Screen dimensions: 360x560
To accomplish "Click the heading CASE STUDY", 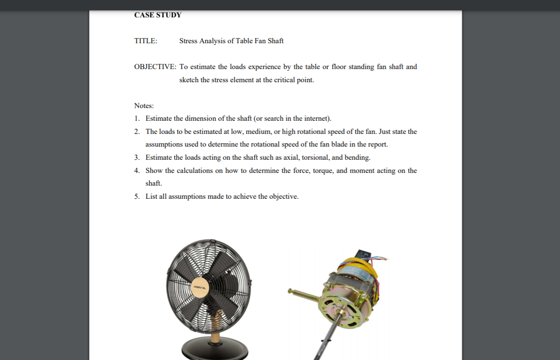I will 157,15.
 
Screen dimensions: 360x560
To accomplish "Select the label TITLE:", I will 146,41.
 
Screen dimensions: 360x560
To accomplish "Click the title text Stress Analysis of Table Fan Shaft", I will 231,41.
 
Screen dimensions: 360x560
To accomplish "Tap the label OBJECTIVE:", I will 155,67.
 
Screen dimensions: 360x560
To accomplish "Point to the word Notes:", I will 144,106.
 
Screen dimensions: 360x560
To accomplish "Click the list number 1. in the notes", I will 137,118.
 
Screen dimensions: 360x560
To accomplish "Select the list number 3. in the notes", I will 137,157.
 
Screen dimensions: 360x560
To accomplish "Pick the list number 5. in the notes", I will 137,196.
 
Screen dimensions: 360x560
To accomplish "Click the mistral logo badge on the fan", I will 200,286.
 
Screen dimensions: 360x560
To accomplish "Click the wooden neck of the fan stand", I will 215,329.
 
